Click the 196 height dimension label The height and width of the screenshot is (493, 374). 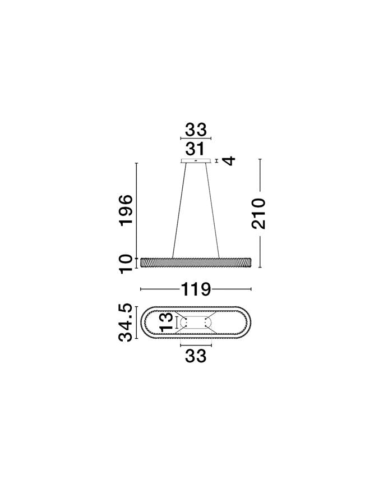tap(126, 210)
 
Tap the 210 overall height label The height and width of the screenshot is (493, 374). tap(258, 214)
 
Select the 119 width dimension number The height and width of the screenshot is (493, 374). tap(195, 289)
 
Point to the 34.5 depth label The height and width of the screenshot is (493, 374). tap(125, 323)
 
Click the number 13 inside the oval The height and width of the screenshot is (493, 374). tap(167, 322)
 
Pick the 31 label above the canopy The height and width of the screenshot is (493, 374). tap(195, 149)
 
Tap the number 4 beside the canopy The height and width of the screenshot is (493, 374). tap(229, 160)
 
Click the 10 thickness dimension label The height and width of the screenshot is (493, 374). tap(126, 264)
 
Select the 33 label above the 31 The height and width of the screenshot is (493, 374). tap(196, 130)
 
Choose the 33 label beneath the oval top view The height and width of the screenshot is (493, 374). tap(196, 356)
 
